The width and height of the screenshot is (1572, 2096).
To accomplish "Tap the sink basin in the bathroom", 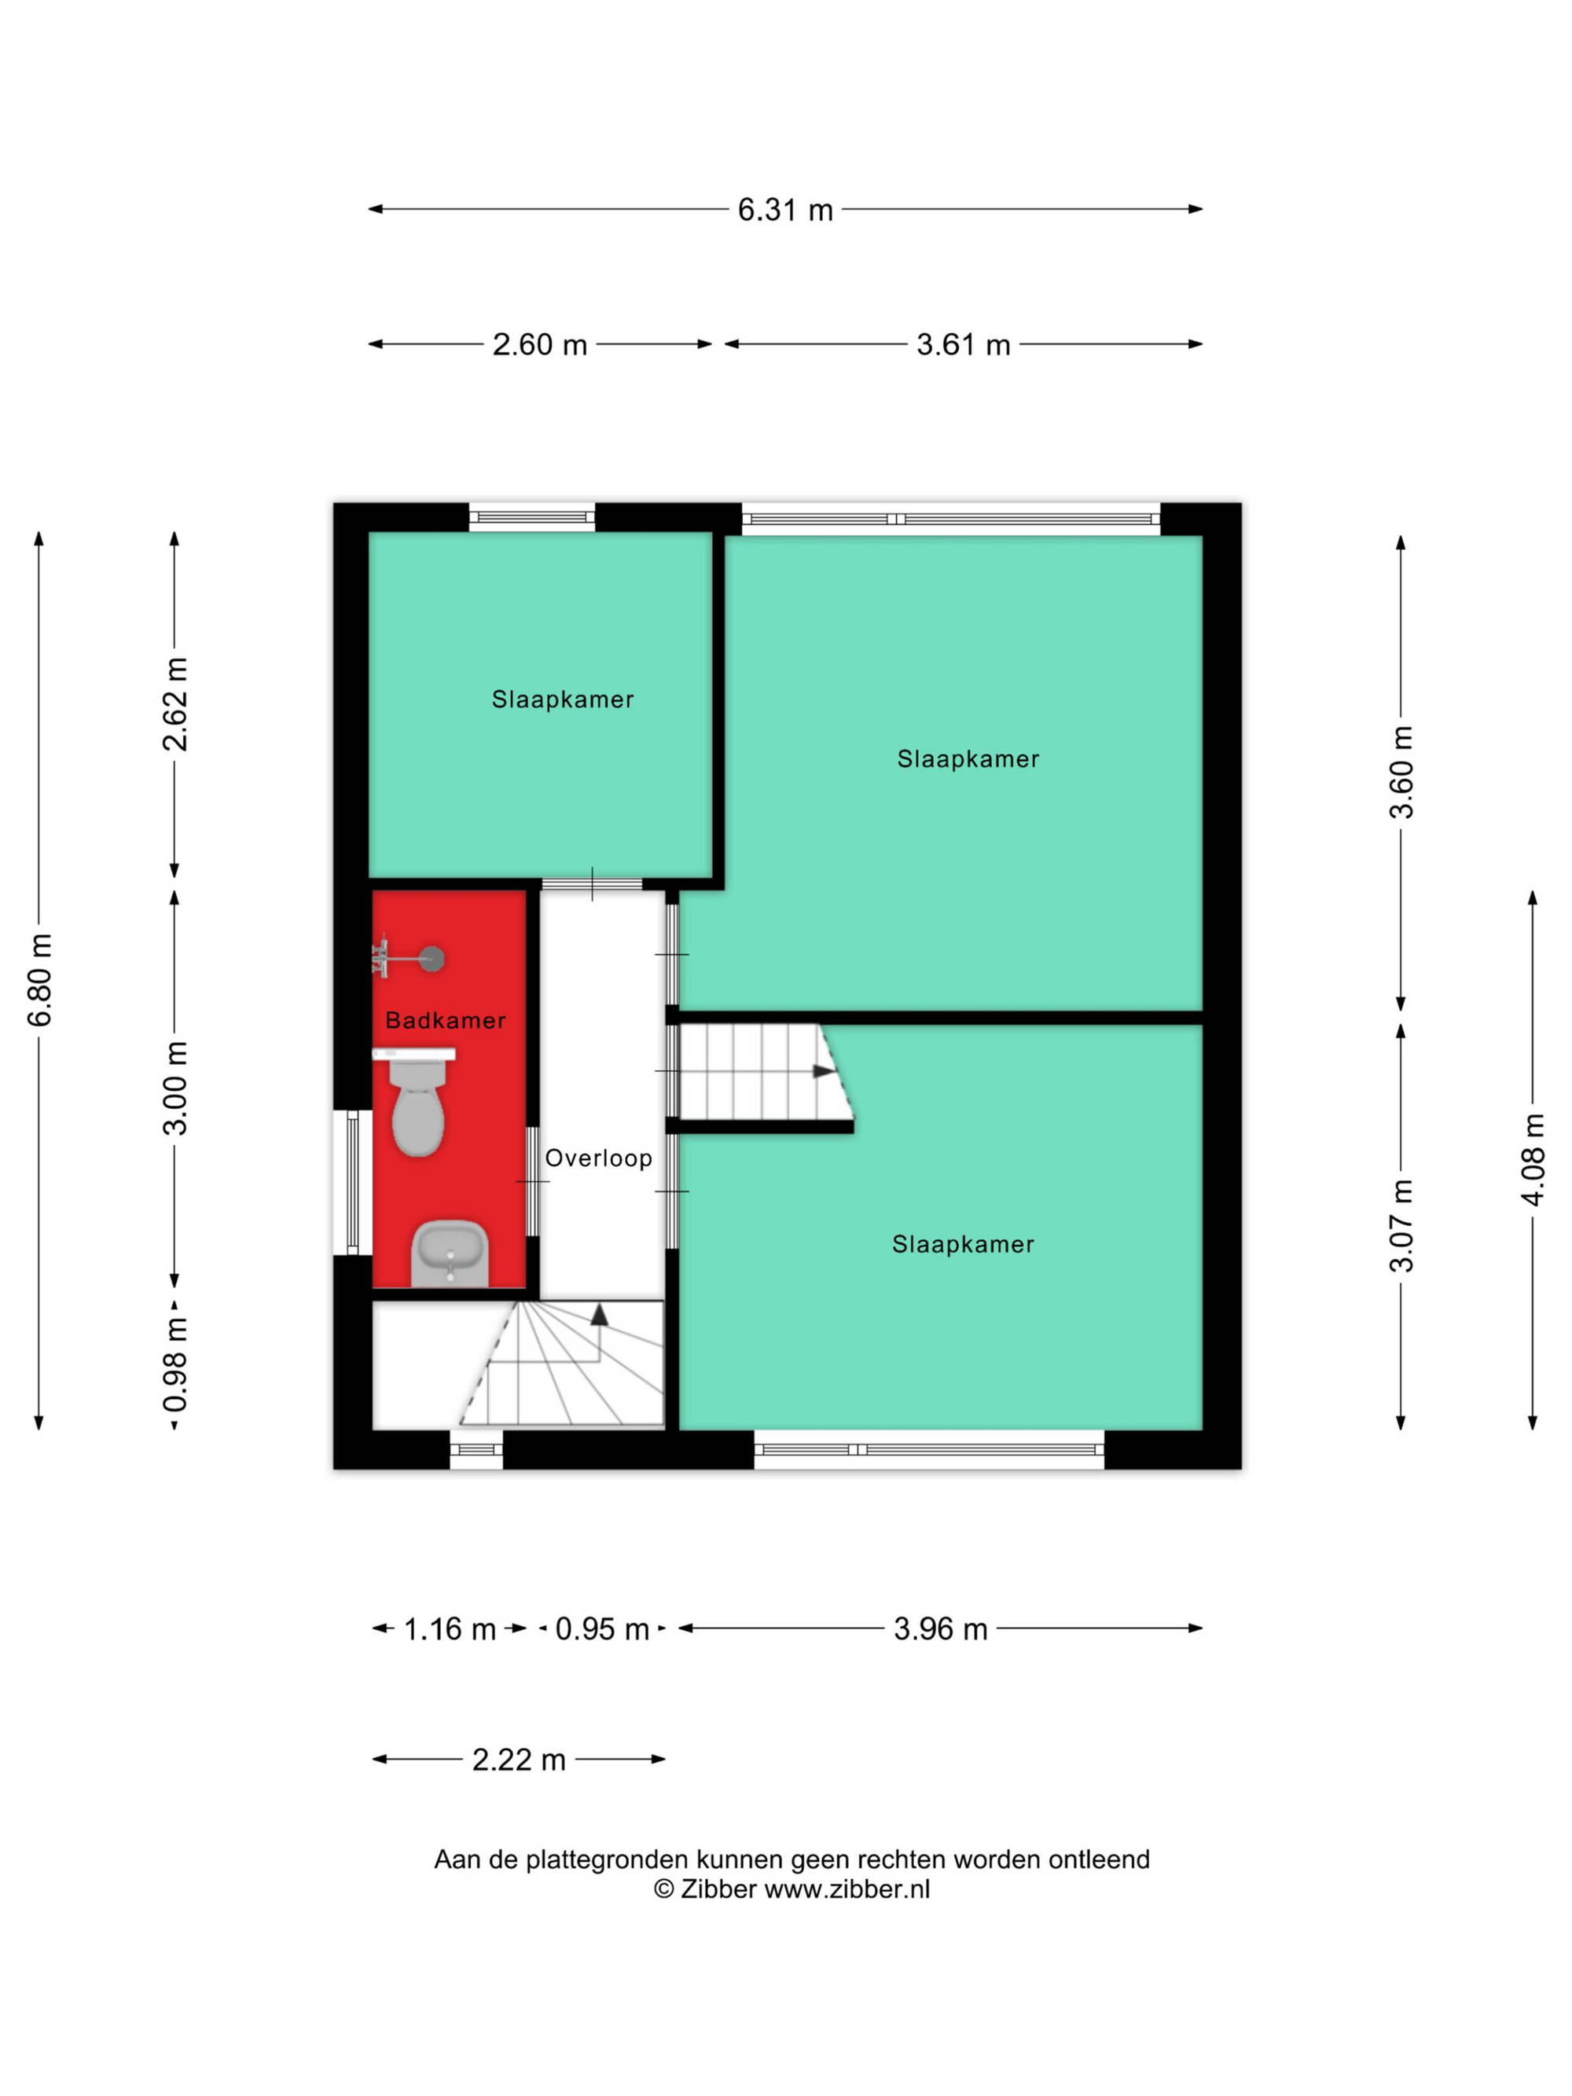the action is point(449,1254).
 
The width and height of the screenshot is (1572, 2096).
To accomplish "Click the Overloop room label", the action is point(598,1158).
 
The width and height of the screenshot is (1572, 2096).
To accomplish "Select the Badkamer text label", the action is point(446,1021).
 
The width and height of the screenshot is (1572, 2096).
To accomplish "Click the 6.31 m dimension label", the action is point(784,209).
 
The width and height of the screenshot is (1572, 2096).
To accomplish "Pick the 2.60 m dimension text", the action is point(539,344).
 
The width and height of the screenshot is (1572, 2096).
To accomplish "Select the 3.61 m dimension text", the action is point(963,344).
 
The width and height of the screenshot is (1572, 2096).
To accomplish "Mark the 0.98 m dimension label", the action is point(175,1364).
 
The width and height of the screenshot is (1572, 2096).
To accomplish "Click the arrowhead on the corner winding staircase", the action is point(599,1314).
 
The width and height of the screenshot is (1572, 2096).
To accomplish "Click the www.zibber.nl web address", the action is point(847,1889).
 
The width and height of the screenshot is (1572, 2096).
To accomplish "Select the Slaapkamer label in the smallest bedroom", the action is point(562,699).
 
